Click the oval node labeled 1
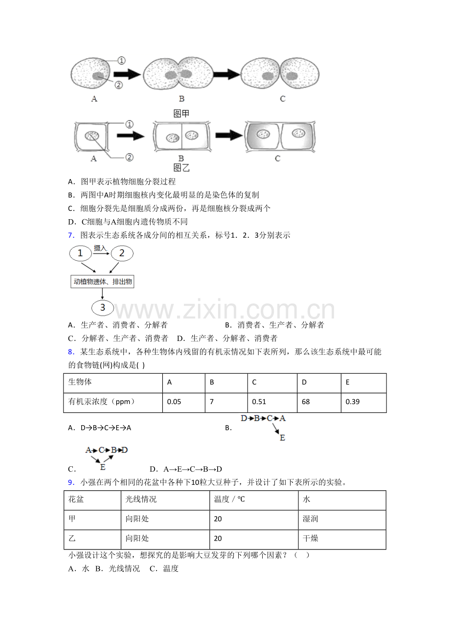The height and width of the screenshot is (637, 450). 81,253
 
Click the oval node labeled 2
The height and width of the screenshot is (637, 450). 122,253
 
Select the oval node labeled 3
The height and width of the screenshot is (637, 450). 103,308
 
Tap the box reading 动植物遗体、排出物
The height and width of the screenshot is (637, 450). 103,282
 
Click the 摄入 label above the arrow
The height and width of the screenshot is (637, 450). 100,249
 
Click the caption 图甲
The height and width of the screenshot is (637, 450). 181,114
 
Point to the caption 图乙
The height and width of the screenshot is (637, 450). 181,168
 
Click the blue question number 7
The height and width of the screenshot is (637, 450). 70,235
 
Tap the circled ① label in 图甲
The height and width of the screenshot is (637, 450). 121,61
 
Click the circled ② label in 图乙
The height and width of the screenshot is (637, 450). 129,158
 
